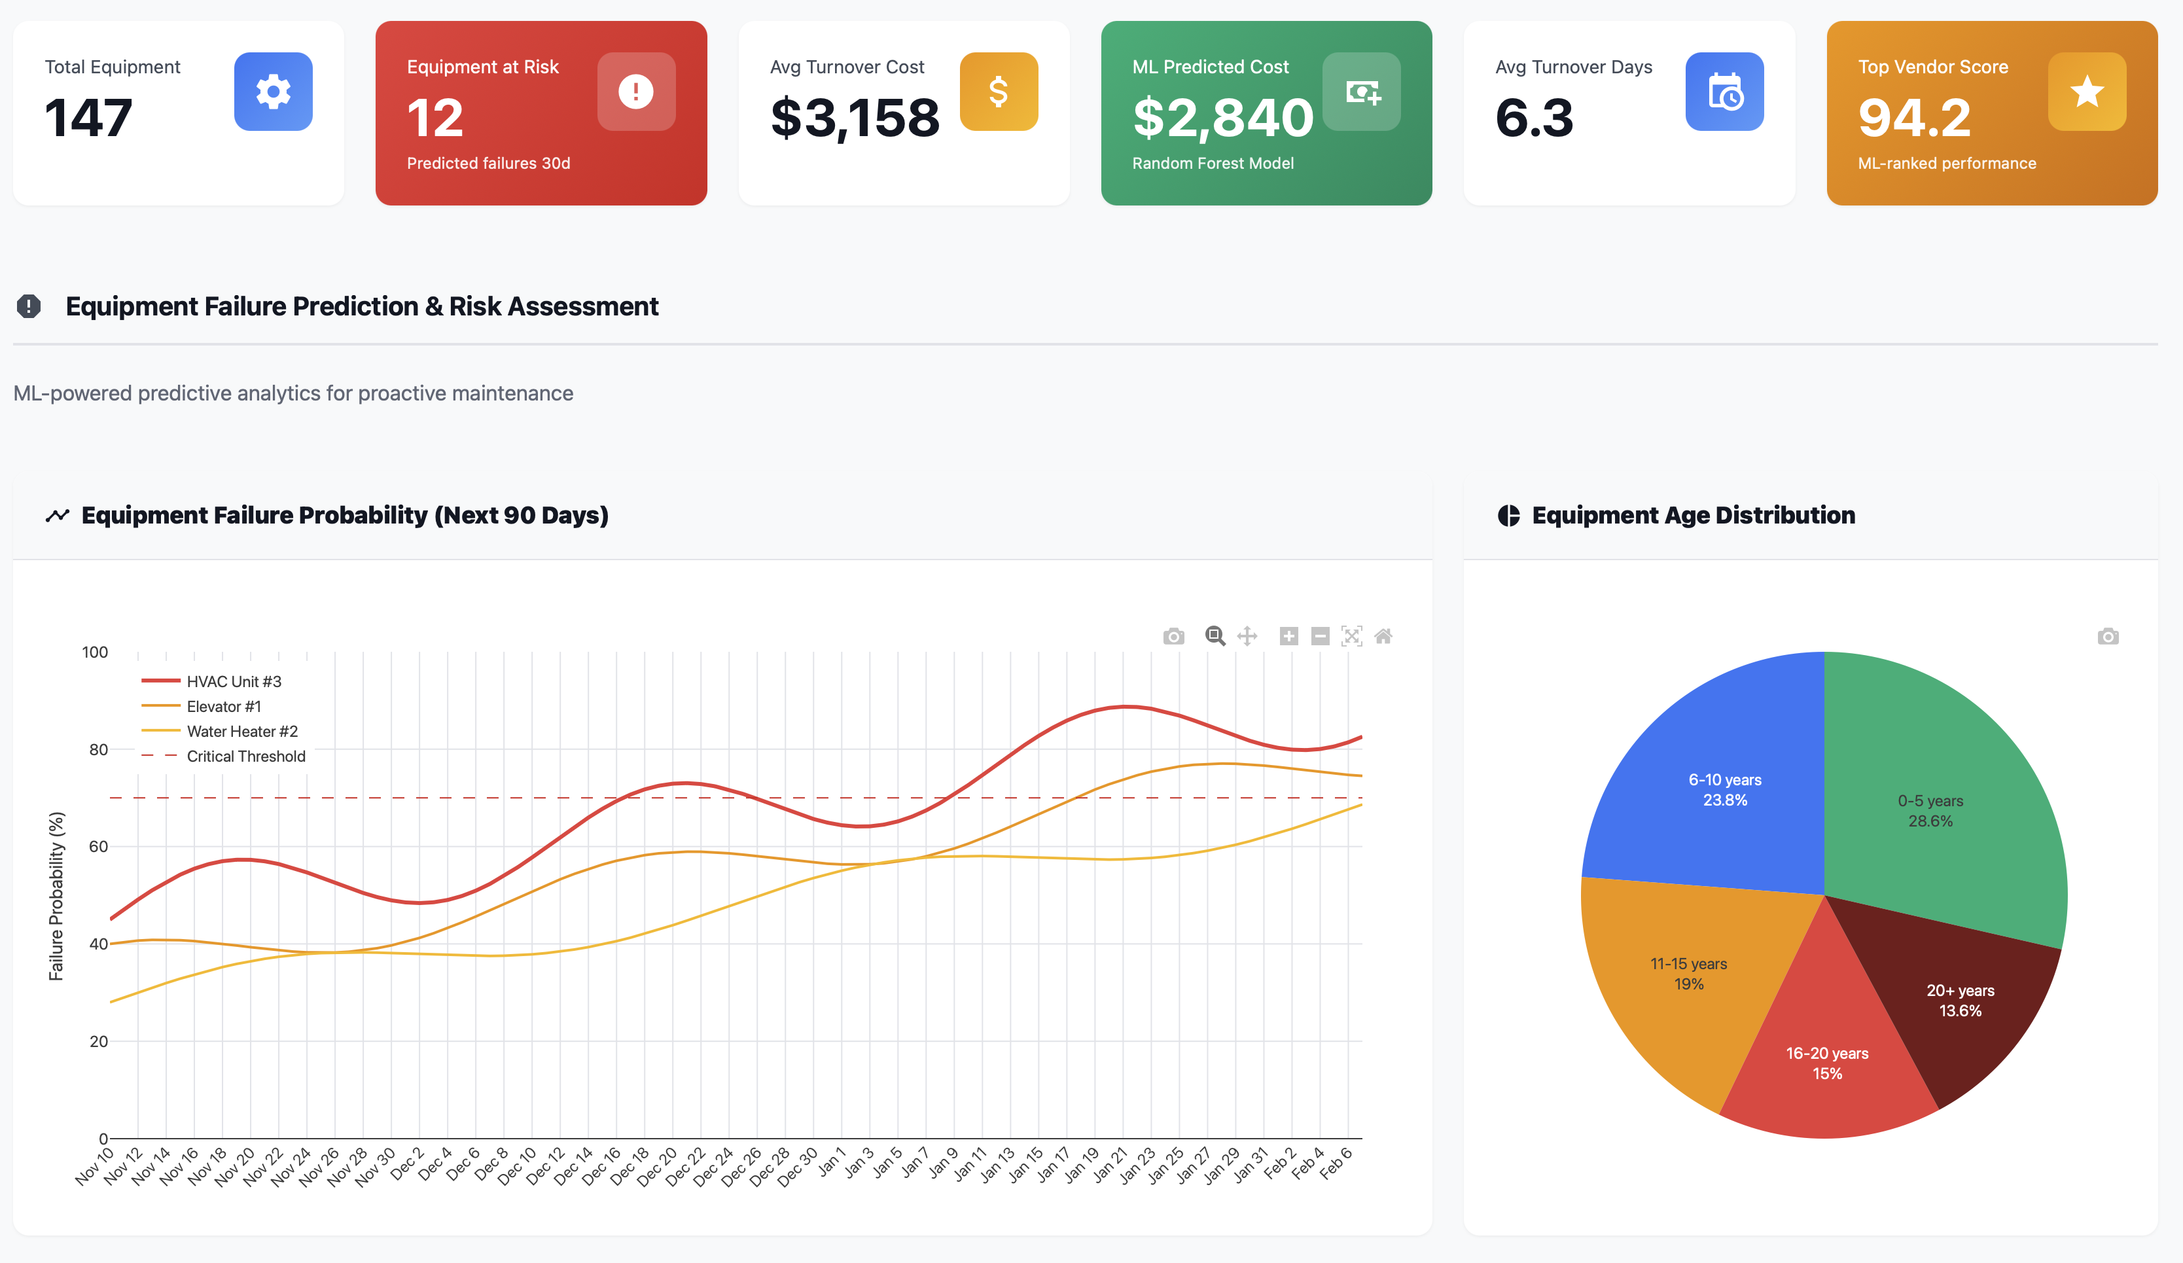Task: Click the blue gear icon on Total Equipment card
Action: (x=273, y=92)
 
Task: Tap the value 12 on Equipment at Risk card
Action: (x=435, y=118)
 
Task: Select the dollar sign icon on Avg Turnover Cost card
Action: (x=998, y=92)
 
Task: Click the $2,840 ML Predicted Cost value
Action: (x=1222, y=118)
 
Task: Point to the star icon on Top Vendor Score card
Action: (x=2086, y=92)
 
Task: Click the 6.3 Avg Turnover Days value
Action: (x=1533, y=118)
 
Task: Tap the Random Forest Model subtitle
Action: (x=1212, y=164)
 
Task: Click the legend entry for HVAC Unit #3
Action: (x=233, y=682)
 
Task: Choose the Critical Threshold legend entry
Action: (x=245, y=757)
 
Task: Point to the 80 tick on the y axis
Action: (x=98, y=749)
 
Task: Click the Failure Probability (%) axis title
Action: (x=56, y=896)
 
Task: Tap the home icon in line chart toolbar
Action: (x=1383, y=637)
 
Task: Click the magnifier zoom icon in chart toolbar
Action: (x=1215, y=637)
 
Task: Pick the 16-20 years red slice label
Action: (x=1827, y=1063)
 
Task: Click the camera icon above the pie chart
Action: (x=2108, y=637)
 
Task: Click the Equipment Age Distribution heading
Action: (x=1693, y=516)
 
